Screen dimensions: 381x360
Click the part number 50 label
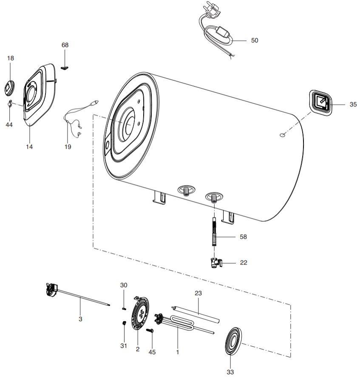point(255,40)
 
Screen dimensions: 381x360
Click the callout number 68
point(65,45)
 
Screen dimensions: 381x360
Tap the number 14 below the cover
point(29,147)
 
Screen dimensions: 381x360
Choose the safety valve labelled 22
point(214,263)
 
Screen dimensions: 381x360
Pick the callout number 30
point(123,285)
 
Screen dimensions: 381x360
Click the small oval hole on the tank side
point(282,135)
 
